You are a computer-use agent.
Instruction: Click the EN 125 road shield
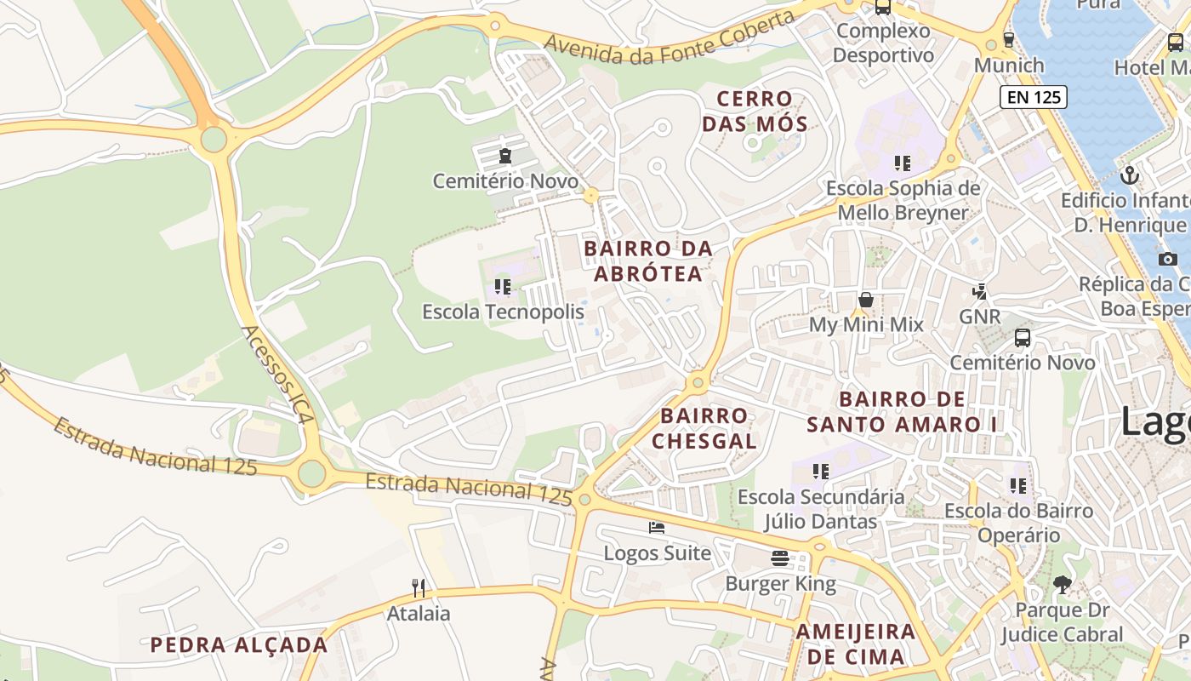tap(1034, 97)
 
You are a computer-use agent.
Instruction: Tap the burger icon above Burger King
tap(780, 558)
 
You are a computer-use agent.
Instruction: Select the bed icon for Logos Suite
tap(657, 528)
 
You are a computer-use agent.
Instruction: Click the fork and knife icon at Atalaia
tap(419, 587)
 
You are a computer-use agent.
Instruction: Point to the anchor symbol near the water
tap(1130, 175)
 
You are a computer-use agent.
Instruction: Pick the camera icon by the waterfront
tap(1168, 259)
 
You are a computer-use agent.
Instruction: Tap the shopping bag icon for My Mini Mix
tap(866, 300)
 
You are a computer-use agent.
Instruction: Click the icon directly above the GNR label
tap(980, 292)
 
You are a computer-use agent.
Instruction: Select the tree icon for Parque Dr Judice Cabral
tap(1062, 585)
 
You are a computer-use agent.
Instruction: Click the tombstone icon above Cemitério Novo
tap(505, 156)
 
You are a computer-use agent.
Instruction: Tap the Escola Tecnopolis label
tap(504, 312)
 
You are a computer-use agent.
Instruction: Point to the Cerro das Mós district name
tap(754, 112)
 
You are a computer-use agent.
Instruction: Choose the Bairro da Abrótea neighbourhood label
tap(648, 261)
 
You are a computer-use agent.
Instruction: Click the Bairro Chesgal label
tap(704, 428)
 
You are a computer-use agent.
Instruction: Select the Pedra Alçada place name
tap(239, 645)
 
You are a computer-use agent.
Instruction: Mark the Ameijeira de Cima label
tap(856, 644)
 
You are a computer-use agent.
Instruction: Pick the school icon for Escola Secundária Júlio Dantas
tap(821, 471)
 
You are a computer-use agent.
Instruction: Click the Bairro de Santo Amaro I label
tap(902, 411)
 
